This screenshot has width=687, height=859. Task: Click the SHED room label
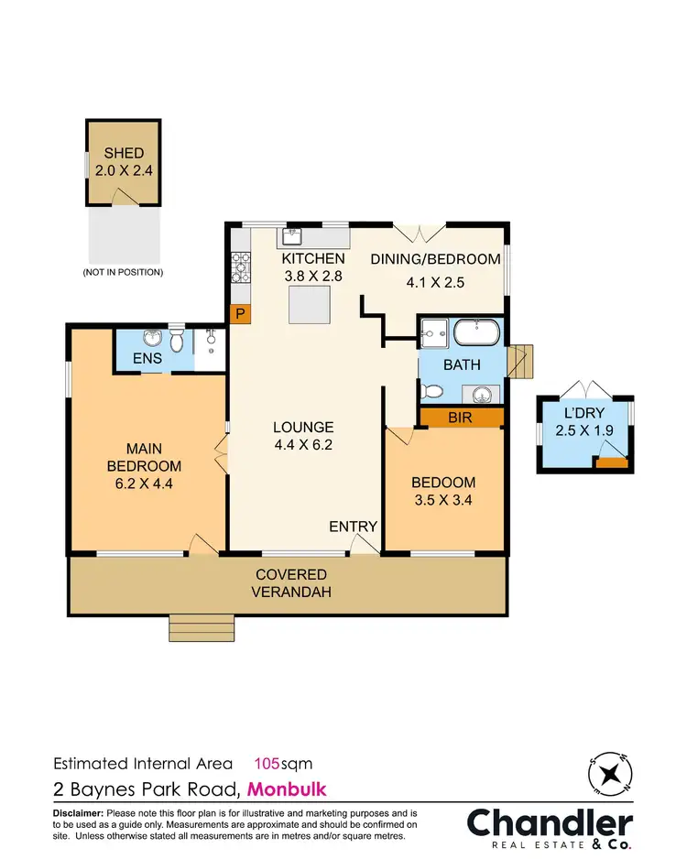(x=123, y=154)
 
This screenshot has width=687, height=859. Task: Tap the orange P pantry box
(x=240, y=314)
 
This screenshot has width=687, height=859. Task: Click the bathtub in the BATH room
(x=477, y=332)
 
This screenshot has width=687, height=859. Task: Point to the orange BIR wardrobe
(x=461, y=418)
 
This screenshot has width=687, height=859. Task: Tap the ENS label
(x=147, y=358)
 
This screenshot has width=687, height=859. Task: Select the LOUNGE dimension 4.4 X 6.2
(x=303, y=446)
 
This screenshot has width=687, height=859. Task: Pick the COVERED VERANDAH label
(x=290, y=582)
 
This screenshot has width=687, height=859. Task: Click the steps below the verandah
(x=201, y=627)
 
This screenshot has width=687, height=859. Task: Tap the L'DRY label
(x=584, y=413)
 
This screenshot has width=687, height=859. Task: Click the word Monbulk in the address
(x=287, y=788)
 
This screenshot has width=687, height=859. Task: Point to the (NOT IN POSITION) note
(x=123, y=272)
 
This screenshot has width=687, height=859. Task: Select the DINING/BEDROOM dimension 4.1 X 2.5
(x=435, y=282)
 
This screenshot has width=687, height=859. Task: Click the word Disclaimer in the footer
(x=79, y=813)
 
